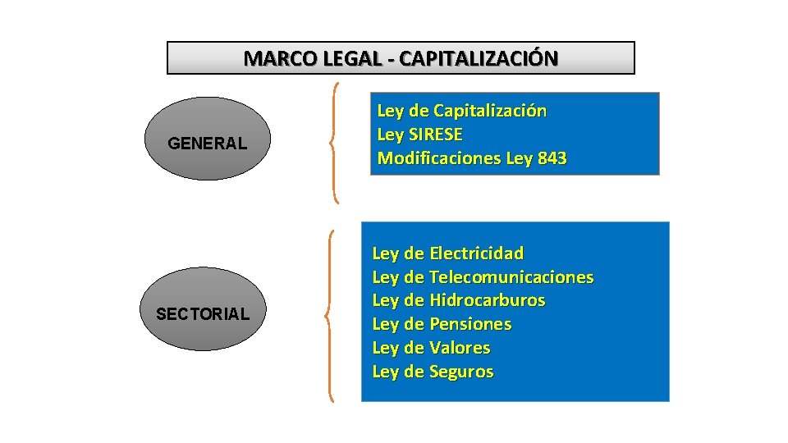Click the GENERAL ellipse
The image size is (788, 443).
click(x=206, y=139)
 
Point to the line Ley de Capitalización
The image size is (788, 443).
click(x=461, y=111)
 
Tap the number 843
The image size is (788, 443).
click(x=552, y=158)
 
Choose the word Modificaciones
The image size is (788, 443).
click(x=439, y=158)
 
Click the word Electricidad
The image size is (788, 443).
click(x=476, y=253)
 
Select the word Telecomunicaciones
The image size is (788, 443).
click(x=511, y=276)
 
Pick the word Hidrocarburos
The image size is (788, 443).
click(x=487, y=300)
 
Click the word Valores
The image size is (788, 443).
click(x=460, y=348)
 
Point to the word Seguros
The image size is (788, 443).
click(x=461, y=372)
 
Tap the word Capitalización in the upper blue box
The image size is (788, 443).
click(x=490, y=111)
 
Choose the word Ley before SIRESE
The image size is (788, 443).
click(x=390, y=135)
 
